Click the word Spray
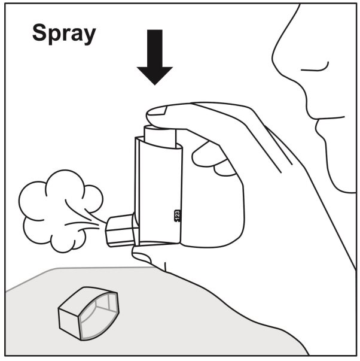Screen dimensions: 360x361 pos(64,34)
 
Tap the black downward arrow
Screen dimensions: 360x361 pos(155,57)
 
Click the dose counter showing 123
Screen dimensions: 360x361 pos(177,216)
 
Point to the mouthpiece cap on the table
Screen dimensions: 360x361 pos(89,314)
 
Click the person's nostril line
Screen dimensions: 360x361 pos(315,67)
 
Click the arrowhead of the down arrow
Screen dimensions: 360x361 pos(155,75)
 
